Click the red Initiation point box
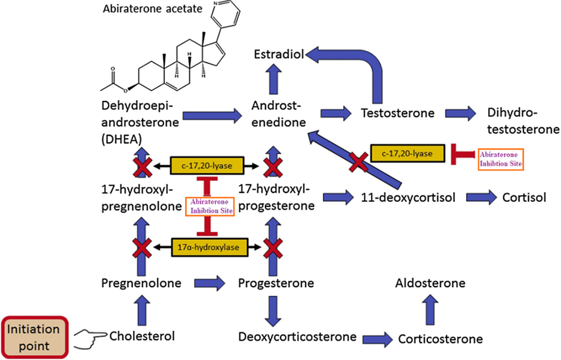(x=37, y=336)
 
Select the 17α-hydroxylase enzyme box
(x=205, y=245)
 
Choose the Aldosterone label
(x=430, y=282)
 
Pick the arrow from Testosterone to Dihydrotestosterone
(x=461, y=112)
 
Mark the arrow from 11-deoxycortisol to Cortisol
(x=480, y=197)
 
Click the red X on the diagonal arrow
(x=357, y=160)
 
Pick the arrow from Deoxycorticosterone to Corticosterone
(x=374, y=338)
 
